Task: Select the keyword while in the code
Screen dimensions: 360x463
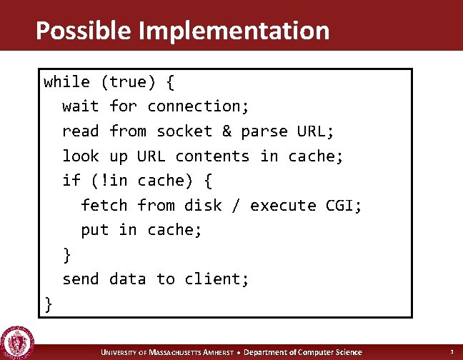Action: click(x=66, y=81)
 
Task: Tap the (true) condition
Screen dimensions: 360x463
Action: click(x=128, y=81)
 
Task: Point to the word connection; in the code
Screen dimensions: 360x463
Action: click(x=198, y=106)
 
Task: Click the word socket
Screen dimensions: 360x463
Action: click(x=184, y=131)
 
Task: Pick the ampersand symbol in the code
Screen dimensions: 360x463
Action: click(x=226, y=131)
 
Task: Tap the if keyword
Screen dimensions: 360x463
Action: click(x=71, y=181)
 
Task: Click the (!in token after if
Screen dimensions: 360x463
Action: click(x=109, y=181)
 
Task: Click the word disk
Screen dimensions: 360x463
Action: click(x=203, y=206)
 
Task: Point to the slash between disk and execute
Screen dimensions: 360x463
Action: click(x=236, y=206)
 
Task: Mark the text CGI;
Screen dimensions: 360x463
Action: click(x=344, y=206)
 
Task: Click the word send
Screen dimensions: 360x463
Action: click(x=81, y=279)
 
